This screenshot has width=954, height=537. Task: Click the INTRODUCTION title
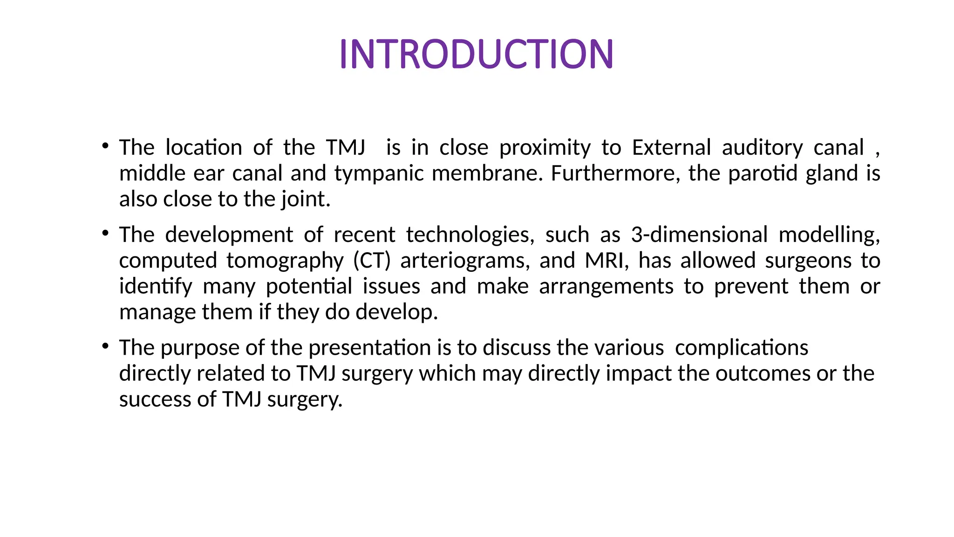coord(477,54)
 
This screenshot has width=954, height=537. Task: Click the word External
coord(671,148)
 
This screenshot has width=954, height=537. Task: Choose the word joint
coord(305,200)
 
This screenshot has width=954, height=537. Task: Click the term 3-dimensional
coord(699,234)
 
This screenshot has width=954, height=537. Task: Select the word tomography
coord(285,261)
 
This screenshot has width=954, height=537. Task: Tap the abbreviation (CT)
coord(372,261)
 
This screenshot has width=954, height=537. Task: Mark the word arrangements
coord(606,287)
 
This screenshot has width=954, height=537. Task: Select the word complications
coord(742,348)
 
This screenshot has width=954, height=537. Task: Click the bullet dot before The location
coord(106,146)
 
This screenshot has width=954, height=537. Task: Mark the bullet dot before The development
coord(106,233)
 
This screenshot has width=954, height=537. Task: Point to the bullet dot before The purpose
coord(106,346)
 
